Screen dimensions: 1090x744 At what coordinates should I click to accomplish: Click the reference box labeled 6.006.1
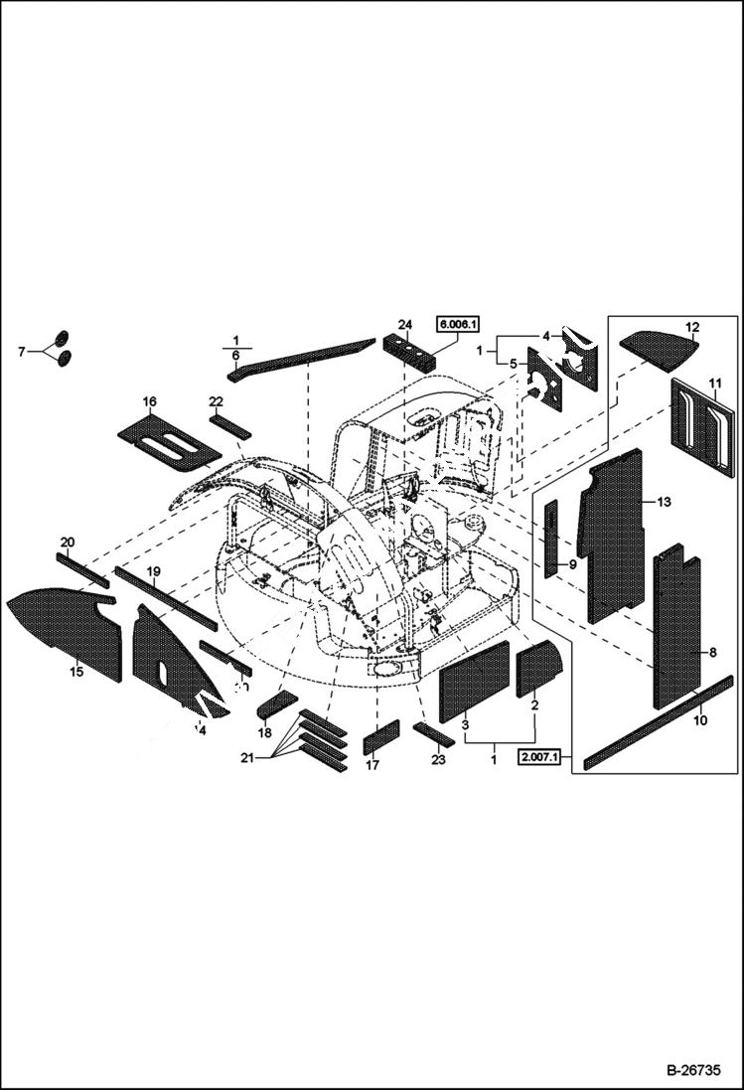coord(457,324)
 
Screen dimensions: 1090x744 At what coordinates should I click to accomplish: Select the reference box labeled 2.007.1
coord(540,760)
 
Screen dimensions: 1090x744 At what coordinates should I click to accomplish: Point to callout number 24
coord(404,325)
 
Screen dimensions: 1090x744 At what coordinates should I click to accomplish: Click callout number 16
coord(149,401)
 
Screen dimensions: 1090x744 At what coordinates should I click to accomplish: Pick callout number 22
coord(216,401)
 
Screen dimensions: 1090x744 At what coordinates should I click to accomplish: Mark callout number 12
coord(692,326)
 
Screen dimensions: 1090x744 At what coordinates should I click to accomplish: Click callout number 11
coord(714,383)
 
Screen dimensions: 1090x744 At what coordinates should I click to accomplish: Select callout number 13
coord(664,503)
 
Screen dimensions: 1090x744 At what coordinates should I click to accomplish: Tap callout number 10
coord(700,720)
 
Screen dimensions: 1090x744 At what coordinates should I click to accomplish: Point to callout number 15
coord(75,673)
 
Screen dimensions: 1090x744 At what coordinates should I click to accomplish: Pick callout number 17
coord(372,765)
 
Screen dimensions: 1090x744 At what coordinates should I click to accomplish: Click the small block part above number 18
coord(276,704)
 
